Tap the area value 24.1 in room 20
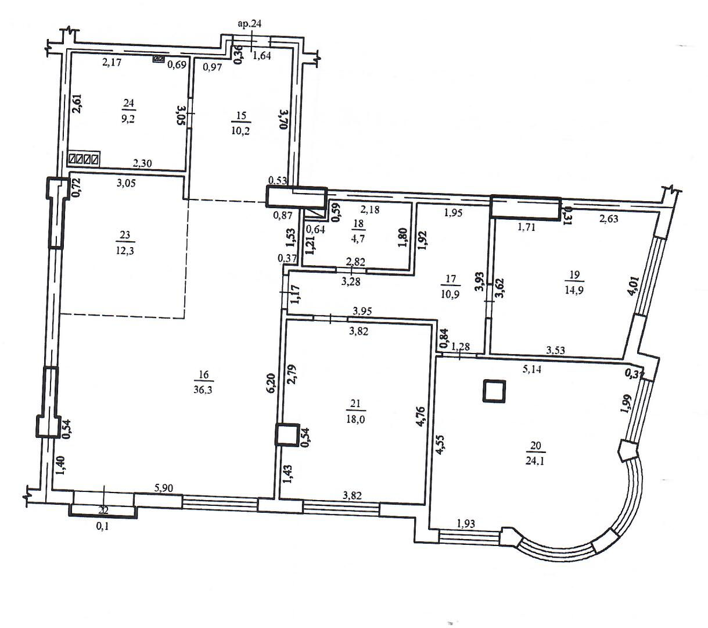tap(535, 461)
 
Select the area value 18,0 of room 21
tap(355, 419)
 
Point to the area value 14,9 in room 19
tap(574, 290)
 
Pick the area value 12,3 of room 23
tap(125, 251)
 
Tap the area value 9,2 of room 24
tap(128, 118)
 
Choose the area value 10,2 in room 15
tap(240, 131)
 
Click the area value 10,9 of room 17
tap(450, 294)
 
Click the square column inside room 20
tap(494, 391)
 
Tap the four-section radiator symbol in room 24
tap(84, 159)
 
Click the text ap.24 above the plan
tap(250, 24)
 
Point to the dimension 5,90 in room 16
tap(164, 488)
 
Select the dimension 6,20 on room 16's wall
tap(271, 383)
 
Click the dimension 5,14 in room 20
tap(532, 369)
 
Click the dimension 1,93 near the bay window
tap(466, 524)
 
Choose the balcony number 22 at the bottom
tap(103, 510)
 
